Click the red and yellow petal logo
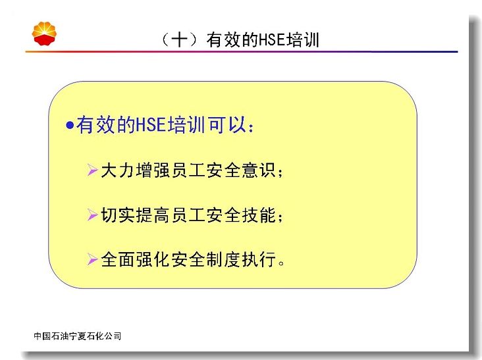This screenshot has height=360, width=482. (44, 34)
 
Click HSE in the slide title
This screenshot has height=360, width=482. (272, 40)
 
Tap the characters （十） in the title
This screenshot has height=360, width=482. (179, 40)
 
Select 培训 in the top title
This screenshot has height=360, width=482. (302, 40)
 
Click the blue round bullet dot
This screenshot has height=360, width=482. (70, 125)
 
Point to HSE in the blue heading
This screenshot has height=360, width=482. (151, 124)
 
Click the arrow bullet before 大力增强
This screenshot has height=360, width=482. (92, 170)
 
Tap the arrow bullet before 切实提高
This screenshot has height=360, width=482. (92, 215)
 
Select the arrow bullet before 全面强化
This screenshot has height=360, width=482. (92, 259)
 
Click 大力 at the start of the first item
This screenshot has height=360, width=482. (117, 170)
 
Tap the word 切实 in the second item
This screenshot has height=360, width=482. (117, 215)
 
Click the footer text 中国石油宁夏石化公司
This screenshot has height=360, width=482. (78, 336)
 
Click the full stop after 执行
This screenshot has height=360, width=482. (281, 263)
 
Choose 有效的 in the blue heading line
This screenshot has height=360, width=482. (106, 124)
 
